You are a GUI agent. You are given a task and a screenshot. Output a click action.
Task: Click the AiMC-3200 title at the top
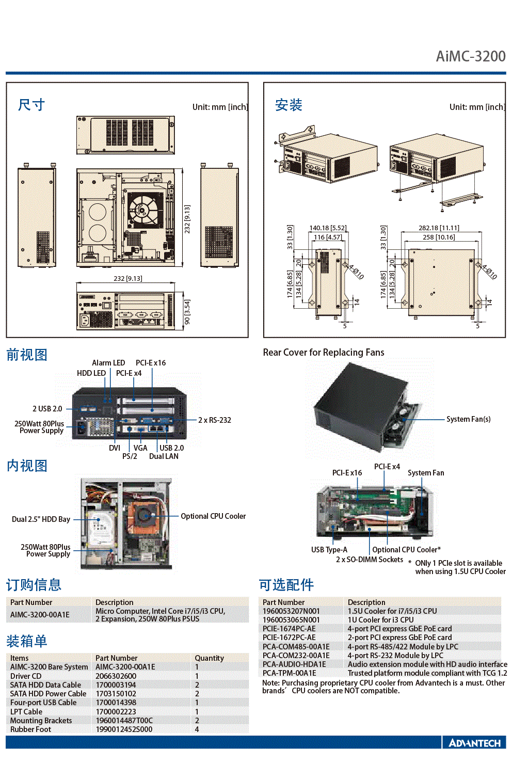pyautogui.click(x=471, y=56)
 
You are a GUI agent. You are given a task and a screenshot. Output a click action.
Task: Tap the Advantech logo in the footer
pyautogui.click(x=475, y=743)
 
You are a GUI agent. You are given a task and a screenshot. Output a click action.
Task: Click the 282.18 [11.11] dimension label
pyautogui.click(x=439, y=228)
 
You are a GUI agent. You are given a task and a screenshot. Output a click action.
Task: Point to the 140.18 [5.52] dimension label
pyautogui.click(x=328, y=228)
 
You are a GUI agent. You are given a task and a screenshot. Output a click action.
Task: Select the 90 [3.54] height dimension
pyautogui.click(x=187, y=312)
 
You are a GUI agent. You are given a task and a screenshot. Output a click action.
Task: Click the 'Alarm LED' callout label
pyautogui.click(x=108, y=363)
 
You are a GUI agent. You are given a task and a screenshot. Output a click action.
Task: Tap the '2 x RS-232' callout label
pyautogui.click(x=215, y=420)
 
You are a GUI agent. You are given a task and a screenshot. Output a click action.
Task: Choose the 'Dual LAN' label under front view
pyautogui.click(x=164, y=456)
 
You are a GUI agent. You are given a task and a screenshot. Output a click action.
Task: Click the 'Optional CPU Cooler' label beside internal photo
pyautogui.click(x=213, y=516)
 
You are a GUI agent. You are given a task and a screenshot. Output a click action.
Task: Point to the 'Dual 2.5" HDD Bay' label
pyautogui.click(x=41, y=519)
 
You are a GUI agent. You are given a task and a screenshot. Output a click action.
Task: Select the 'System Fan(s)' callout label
pyautogui.click(x=469, y=419)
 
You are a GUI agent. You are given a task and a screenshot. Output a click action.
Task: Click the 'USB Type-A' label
pyautogui.click(x=329, y=549)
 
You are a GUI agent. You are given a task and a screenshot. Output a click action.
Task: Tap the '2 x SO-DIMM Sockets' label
pyautogui.click(x=370, y=559)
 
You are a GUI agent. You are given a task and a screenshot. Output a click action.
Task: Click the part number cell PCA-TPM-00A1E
pyautogui.click(x=289, y=673)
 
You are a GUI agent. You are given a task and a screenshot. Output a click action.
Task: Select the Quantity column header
pyautogui.click(x=209, y=658)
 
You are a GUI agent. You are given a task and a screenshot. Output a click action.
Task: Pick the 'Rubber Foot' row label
pyautogui.click(x=30, y=729)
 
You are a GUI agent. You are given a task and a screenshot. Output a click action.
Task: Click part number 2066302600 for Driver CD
pyautogui.click(x=116, y=676)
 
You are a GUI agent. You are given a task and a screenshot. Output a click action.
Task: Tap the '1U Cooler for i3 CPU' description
pyautogui.click(x=380, y=619)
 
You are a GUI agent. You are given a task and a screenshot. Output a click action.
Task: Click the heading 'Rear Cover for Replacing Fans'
pyautogui.click(x=324, y=352)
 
